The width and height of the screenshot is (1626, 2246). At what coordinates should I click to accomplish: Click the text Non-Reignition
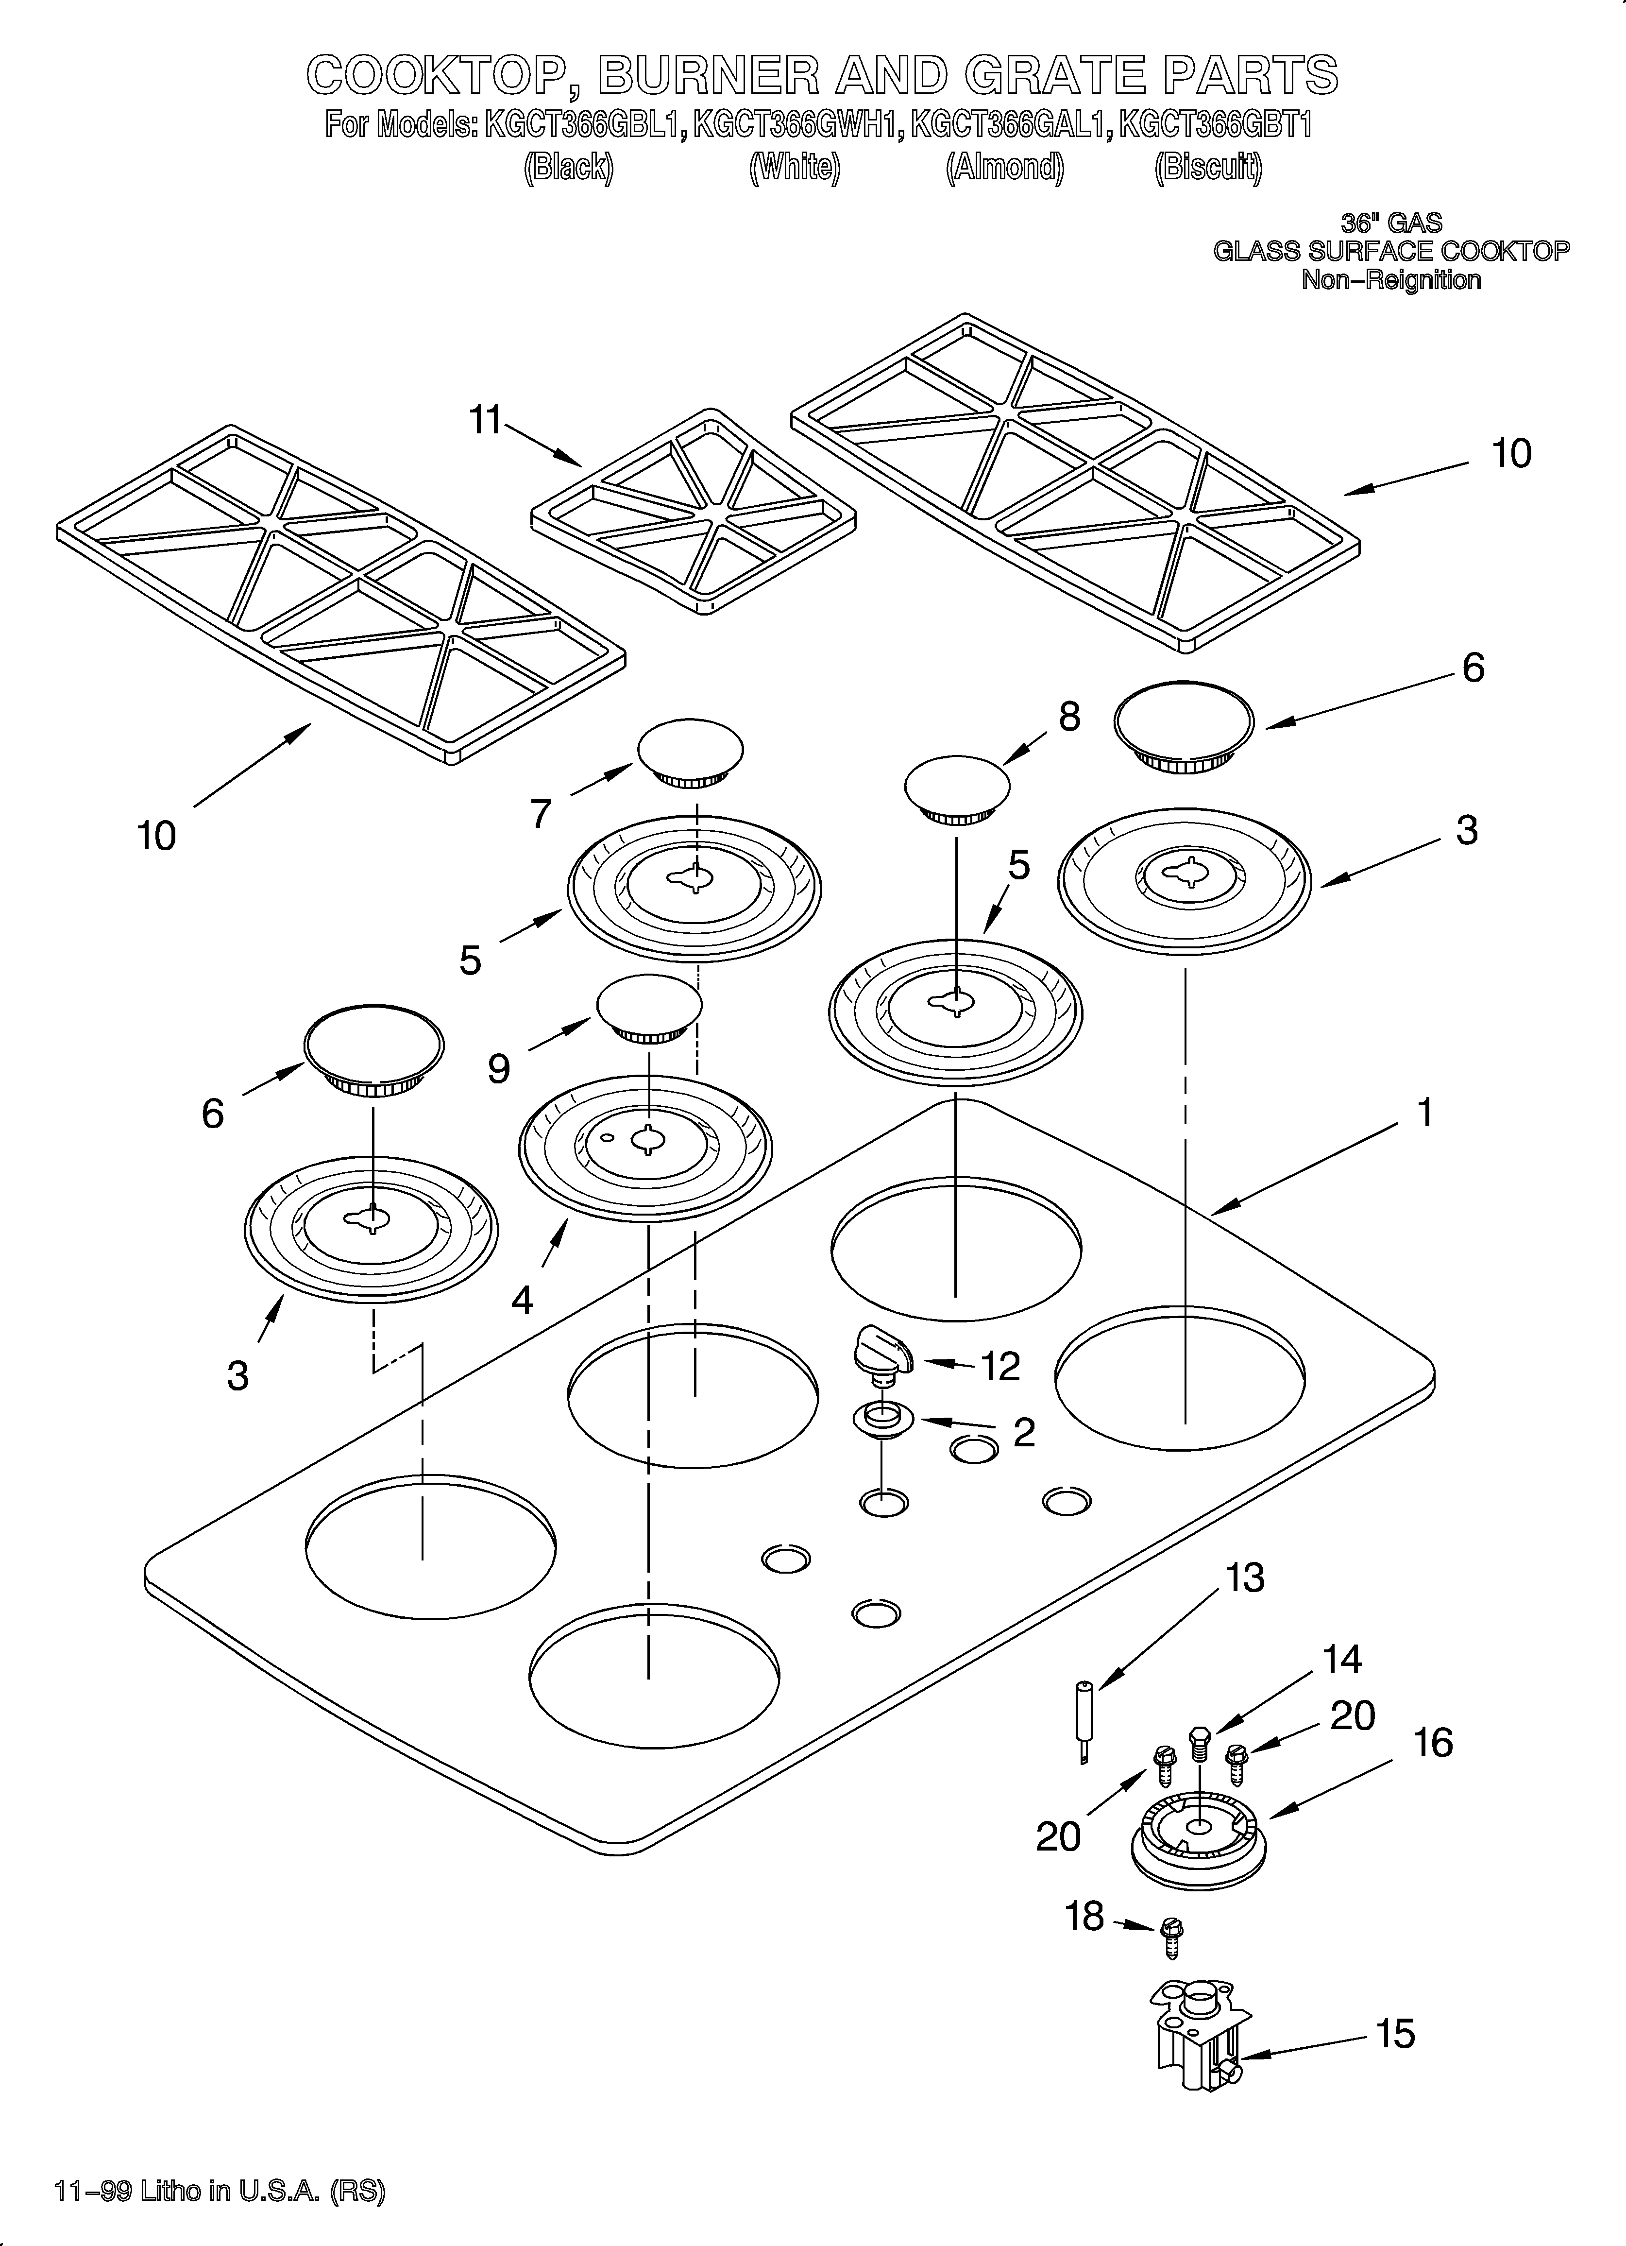pos(1390,280)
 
